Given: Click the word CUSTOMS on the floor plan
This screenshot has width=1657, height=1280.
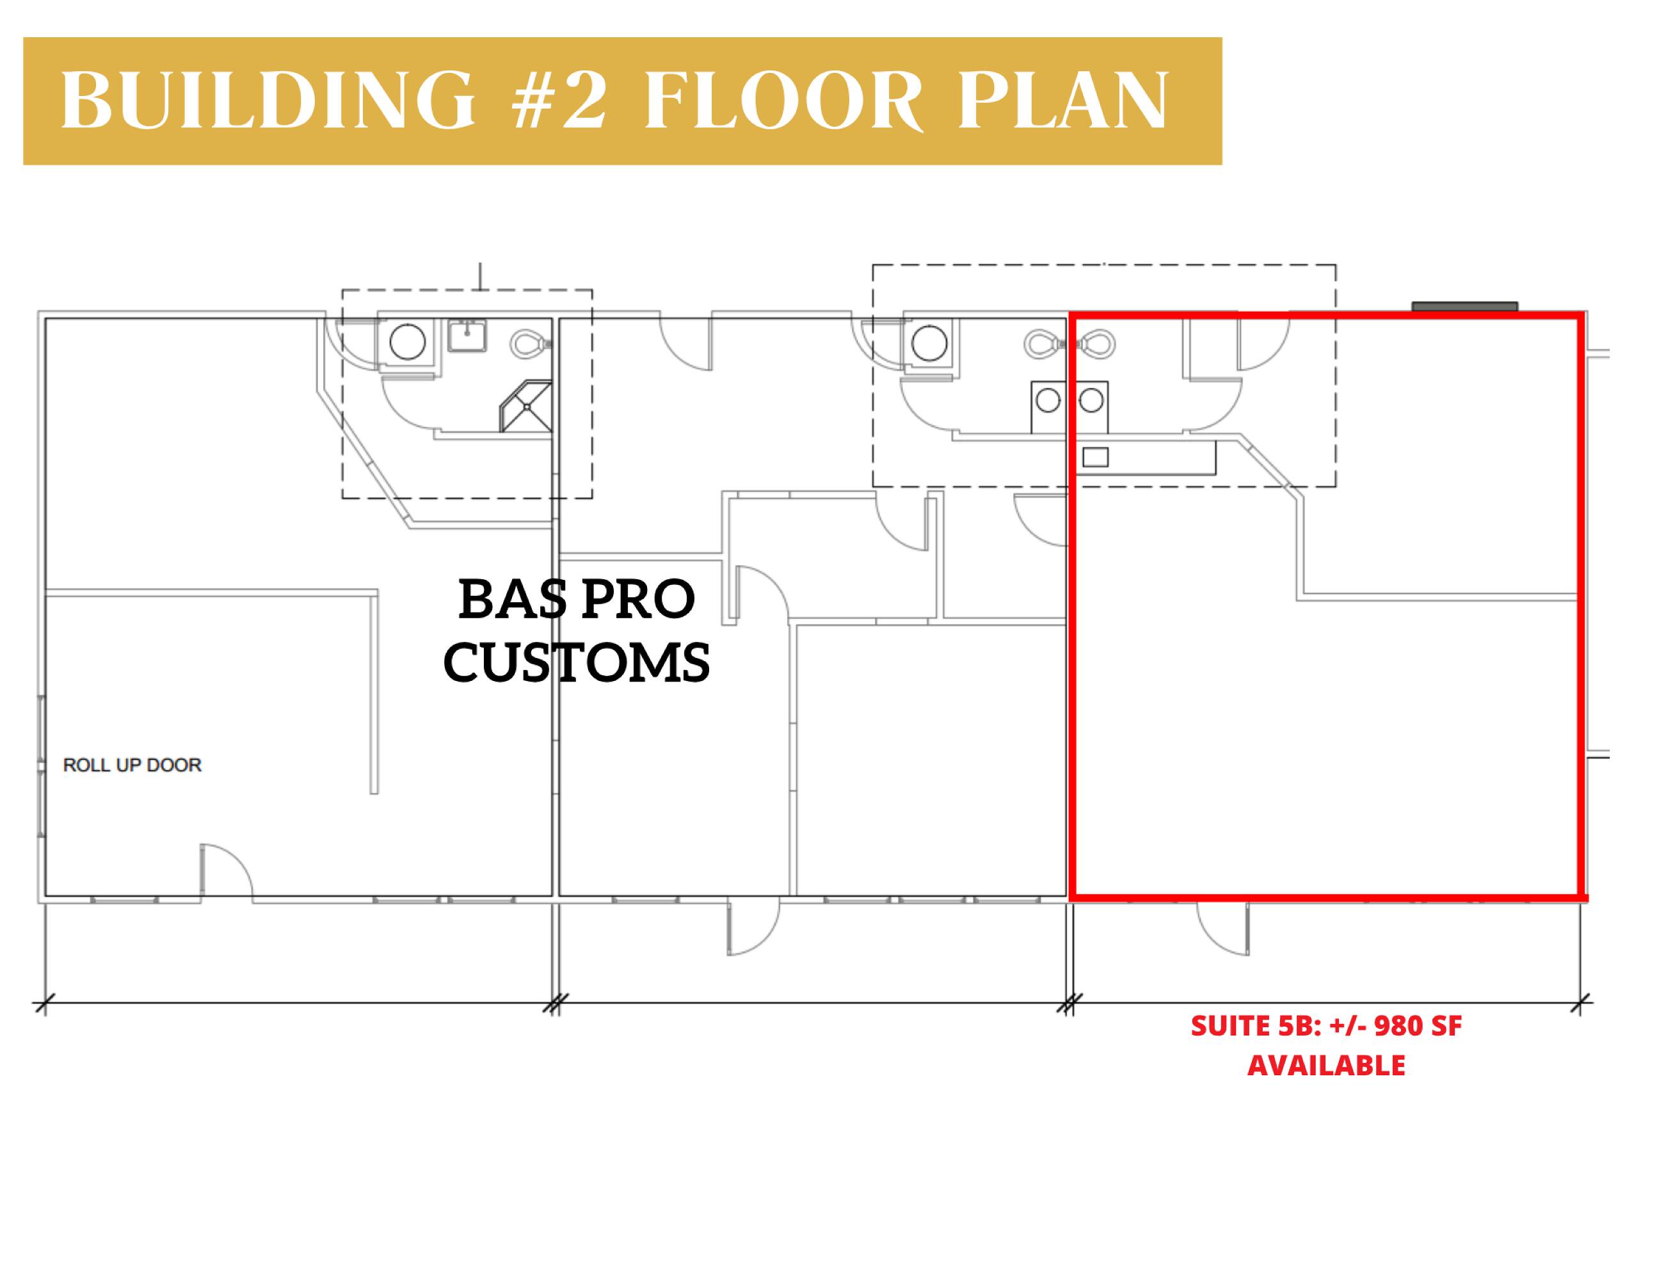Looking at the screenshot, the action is (577, 662).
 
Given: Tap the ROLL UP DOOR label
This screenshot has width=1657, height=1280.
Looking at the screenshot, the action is (132, 765).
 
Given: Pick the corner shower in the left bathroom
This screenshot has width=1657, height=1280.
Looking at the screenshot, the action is (525, 406).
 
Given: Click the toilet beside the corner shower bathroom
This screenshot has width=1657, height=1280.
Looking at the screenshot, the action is (531, 344).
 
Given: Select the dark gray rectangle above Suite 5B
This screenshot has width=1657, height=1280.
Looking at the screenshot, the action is (1464, 307).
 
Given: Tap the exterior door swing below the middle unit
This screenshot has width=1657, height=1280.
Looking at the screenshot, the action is (753, 928).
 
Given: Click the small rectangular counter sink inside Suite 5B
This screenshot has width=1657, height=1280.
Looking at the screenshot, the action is (1095, 457).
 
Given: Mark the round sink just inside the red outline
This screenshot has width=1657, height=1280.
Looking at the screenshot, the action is (1091, 400).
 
